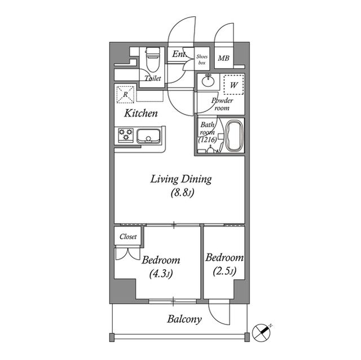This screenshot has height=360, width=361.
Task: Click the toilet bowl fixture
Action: click(153, 59)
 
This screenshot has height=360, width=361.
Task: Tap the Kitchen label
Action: click(141, 113)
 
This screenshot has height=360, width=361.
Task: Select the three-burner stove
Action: click(126, 135)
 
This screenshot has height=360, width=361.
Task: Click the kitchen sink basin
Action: click(149, 136)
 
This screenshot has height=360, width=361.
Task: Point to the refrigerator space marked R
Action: click(125, 95)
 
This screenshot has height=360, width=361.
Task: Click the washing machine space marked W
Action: click(234, 85)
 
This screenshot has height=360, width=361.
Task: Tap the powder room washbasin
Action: click(209, 81)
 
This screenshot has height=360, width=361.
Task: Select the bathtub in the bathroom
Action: click(234, 136)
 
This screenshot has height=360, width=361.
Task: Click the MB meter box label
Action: click(223, 58)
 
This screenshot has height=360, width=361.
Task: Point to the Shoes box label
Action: click(202, 59)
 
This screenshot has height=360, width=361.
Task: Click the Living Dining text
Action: click(181, 180)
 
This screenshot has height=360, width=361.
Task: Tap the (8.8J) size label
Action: click(182, 193)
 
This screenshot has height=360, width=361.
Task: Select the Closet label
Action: click(128, 236)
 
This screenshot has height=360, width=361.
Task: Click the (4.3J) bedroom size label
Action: click(161, 274)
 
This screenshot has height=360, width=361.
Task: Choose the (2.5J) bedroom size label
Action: click(224, 271)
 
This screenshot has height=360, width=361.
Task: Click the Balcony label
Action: click(184, 319)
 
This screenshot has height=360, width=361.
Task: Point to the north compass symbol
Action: click(262, 332)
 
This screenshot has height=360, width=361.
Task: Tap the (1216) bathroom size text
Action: click(208, 140)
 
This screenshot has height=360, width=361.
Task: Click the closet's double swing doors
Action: click(127, 254)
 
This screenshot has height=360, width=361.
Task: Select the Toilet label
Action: click(153, 78)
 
